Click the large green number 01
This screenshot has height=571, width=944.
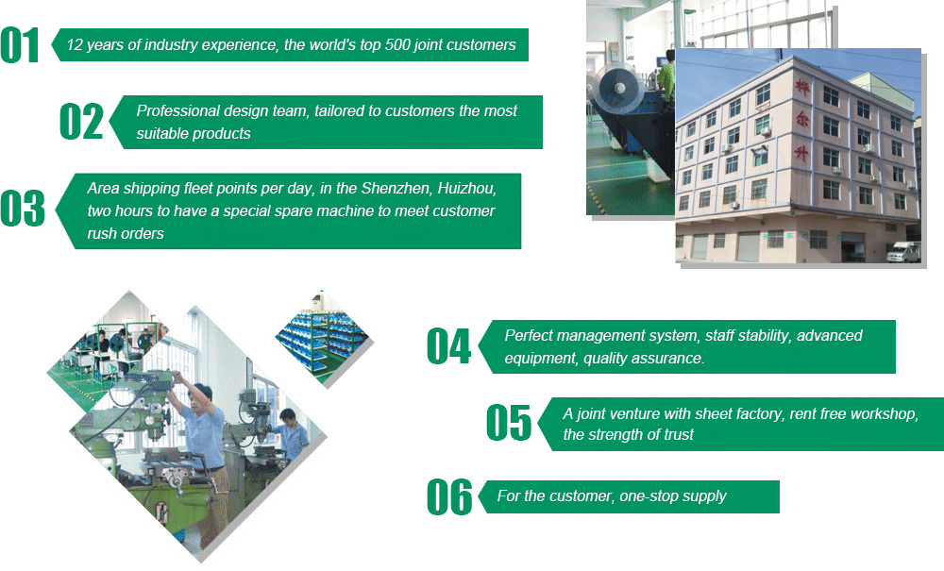[x=20, y=45]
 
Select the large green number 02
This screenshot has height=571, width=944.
[x=81, y=122]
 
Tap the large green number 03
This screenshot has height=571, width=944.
[x=23, y=209]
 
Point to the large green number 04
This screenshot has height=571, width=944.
[x=448, y=346]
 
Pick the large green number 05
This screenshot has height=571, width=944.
[x=509, y=423]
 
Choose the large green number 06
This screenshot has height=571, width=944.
[x=449, y=497]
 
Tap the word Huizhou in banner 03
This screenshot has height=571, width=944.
[x=467, y=189]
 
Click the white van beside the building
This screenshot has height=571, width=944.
[x=903, y=251]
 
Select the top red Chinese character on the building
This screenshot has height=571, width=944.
[x=801, y=87]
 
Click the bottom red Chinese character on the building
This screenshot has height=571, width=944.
[x=801, y=153]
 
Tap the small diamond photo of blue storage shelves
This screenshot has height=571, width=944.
[x=324, y=338]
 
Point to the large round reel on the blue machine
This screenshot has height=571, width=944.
[x=618, y=88]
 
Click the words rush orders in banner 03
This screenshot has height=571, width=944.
[x=126, y=233]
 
